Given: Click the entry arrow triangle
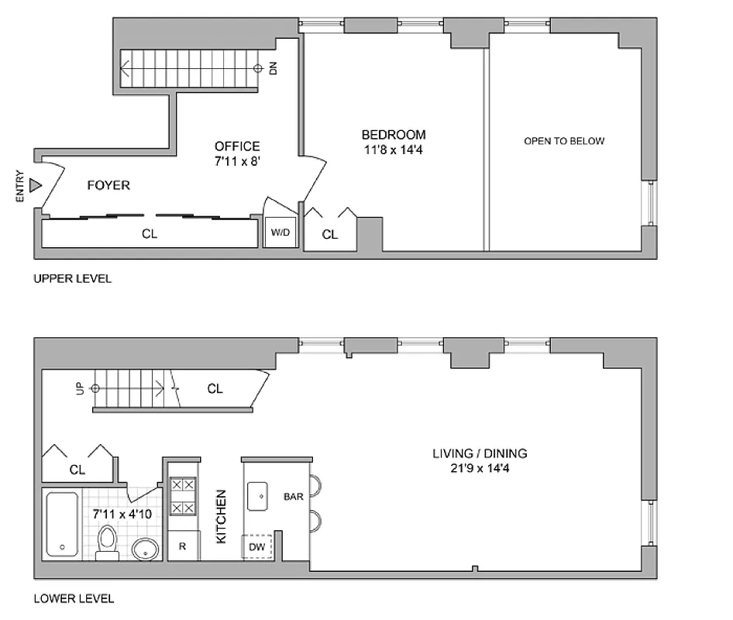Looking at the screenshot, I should [x=35, y=186].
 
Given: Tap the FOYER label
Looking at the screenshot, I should [x=108, y=186].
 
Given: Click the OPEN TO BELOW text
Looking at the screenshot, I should [x=564, y=141].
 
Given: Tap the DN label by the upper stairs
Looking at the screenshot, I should [x=273, y=68].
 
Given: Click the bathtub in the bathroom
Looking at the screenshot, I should [x=62, y=524].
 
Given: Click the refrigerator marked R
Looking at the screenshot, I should [x=182, y=546].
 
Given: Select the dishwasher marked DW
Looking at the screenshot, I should [x=257, y=547].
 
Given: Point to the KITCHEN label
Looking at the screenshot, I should [x=222, y=515].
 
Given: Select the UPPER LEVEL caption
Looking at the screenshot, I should [x=72, y=279].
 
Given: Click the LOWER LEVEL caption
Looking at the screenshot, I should [x=74, y=598].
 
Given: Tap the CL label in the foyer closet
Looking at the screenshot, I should [x=150, y=233].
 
